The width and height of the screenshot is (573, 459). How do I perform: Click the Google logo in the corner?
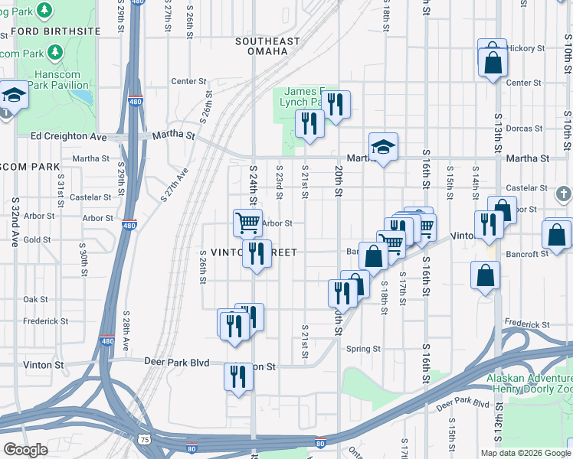click(x=27, y=450)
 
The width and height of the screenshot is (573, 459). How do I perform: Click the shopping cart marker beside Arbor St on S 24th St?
click(x=247, y=223)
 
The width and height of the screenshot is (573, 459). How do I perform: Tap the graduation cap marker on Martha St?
click(x=383, y=148)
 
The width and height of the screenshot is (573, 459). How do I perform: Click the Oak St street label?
click(x=36, y=300)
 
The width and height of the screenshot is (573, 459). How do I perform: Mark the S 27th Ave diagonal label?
click(x=174, y=185)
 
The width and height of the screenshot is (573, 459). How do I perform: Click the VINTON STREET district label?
click(x=237, y=252)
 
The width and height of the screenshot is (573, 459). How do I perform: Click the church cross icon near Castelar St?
click(x=564, y=194)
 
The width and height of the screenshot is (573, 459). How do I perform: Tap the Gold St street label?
click(x=36, y=240)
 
